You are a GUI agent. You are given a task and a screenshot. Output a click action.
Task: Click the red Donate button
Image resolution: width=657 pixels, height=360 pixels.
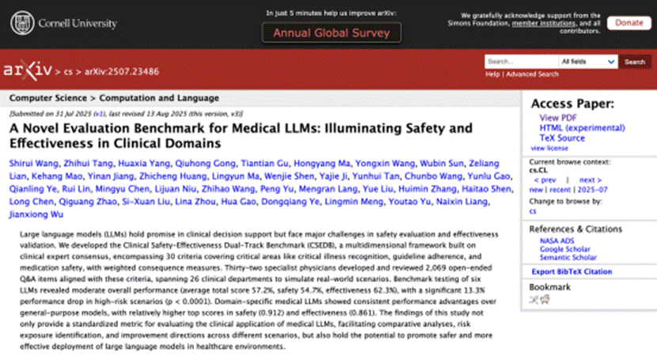click(629, 22)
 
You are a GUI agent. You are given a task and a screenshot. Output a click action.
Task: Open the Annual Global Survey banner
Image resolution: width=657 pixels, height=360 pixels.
click(332, 33)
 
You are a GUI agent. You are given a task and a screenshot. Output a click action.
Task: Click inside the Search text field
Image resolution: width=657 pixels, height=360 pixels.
click(519, 62)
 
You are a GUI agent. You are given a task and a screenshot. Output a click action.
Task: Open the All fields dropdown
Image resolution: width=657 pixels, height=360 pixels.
click(587, 62)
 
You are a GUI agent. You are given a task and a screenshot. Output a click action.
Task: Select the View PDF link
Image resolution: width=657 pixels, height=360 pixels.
click(558, 118)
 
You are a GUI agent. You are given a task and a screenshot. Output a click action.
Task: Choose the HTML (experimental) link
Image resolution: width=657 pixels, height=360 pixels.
click(577, 128)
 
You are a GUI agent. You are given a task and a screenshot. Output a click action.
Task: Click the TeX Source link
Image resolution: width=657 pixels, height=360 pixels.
click(562, 138)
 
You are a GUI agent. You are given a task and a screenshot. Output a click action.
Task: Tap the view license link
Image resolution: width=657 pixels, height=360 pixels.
click(549, 148)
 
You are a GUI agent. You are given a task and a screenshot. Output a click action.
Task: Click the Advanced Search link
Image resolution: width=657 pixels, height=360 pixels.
click(531, 74)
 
